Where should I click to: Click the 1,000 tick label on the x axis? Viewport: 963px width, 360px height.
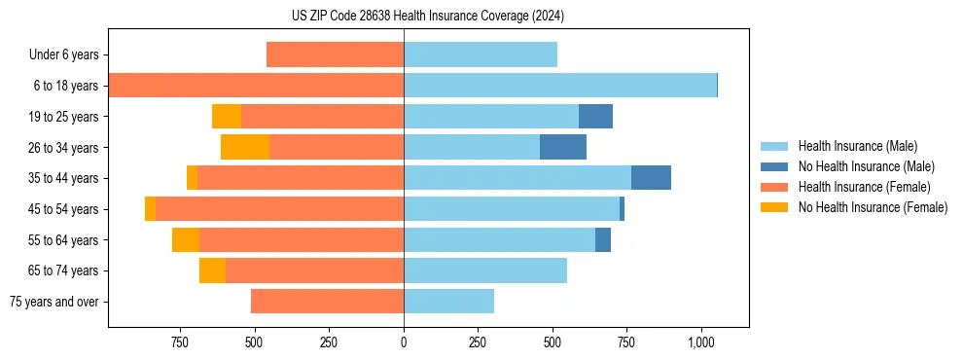(701, 342)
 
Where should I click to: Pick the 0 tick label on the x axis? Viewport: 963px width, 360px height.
(404, 342)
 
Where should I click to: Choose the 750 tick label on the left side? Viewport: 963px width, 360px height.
(179, 342)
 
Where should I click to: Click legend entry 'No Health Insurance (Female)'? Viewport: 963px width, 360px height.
(873, 207)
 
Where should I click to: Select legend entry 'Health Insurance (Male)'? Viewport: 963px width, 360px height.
(857, 146)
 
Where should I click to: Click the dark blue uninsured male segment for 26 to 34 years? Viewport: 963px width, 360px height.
(563, 147)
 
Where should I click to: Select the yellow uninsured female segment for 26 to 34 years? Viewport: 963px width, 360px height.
(245, 147)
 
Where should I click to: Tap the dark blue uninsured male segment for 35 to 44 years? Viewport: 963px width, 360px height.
(651, 178)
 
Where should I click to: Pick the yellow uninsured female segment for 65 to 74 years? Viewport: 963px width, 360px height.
(212, 270)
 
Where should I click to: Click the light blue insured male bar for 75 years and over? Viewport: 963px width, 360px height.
(448, 302)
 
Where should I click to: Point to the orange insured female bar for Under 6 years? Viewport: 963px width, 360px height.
(335, 55)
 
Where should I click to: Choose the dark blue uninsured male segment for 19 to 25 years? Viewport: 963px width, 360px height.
(595, 117)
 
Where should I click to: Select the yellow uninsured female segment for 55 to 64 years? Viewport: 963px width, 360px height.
(186, 239)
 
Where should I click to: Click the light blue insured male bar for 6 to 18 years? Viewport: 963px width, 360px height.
(559, 86)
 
